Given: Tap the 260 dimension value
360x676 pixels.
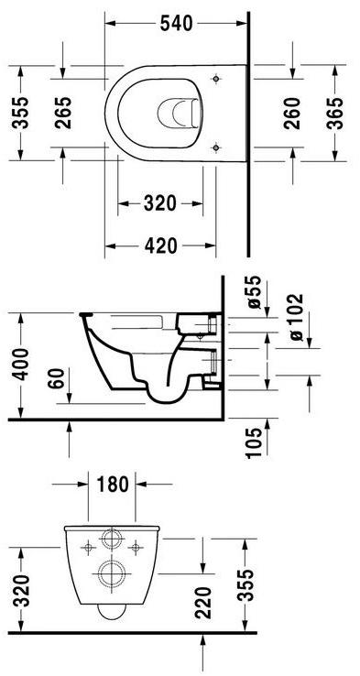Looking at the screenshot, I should tap(292, 114).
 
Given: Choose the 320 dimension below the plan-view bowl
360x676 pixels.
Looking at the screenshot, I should tap(161, 202).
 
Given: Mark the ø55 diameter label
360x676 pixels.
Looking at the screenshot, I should tap(256, 299).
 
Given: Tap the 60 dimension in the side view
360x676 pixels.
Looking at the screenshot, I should tap(57, 377).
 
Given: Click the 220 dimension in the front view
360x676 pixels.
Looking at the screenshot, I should tap(203, 604).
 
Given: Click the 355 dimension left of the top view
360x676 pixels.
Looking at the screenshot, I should tap(21, 113).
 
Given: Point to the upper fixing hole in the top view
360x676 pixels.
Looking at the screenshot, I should tap(214, 79).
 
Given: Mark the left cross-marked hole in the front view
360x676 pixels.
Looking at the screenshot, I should tap(89, 549).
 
